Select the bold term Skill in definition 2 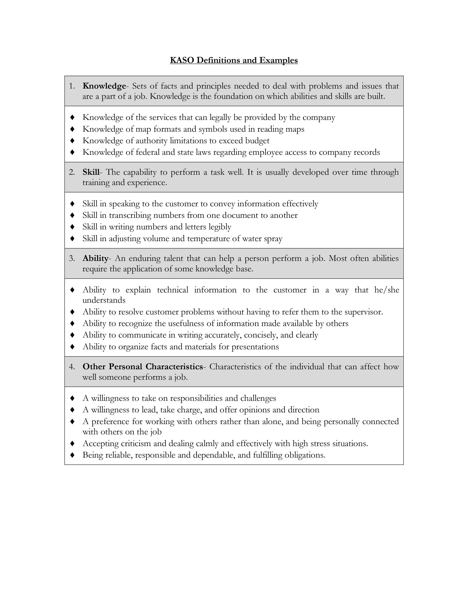pos(91,172)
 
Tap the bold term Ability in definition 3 pos(95,258)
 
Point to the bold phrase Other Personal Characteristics pos(142,367)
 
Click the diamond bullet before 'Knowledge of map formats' pos(72,129)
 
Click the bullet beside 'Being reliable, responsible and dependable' pos(72,455)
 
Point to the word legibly pos(220,227)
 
